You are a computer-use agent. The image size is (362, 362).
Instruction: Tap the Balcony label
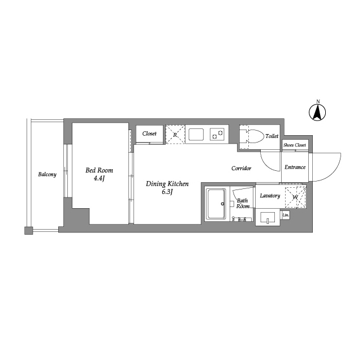click(48, 174)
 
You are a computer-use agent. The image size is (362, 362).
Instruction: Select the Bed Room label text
click(99, 170)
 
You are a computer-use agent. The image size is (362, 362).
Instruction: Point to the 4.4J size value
click(100, 179)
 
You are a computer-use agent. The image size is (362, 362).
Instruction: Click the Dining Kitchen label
click(167, 184)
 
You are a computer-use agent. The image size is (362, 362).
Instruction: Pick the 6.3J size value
click(167, 193)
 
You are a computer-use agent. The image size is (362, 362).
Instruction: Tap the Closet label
click(149, 133)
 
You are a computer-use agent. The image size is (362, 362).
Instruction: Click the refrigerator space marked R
click(175, 135)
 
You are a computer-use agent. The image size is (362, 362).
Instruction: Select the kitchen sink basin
click(196, 135)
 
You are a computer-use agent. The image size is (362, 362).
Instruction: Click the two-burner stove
click(217, 135)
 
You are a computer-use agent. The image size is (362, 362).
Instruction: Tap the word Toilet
click(271, 136)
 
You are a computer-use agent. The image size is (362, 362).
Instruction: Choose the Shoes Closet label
click(295, 145)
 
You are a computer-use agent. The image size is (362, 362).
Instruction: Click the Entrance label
click(295, 167)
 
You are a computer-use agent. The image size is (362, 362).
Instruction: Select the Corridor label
click(242, 169)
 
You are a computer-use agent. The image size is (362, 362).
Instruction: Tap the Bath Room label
click(243, 204)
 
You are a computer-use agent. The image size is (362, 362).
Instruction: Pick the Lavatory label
click(270, 196)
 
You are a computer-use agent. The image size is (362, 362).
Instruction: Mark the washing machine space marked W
click(295, 197)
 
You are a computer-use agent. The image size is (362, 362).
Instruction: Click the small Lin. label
click(286, 215)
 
